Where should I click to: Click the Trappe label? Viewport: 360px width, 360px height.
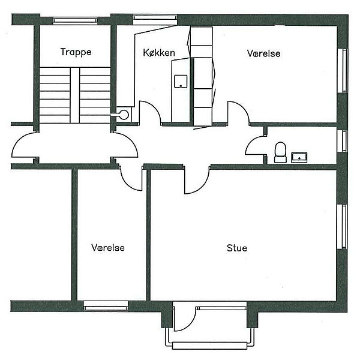(x=76, y=52)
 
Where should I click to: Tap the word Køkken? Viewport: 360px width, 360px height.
(x=159, y=53)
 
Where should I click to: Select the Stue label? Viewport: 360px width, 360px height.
(x=237, y=248)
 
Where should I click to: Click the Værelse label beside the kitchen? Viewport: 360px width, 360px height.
(x=264, y=53)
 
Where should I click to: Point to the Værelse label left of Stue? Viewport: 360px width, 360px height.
(x=108, y=247)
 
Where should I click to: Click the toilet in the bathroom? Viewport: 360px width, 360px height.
(x=280, y=152)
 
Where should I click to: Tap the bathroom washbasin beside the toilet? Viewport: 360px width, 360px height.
(x=299, y=157)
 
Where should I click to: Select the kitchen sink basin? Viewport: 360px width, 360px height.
(x=181, y=81)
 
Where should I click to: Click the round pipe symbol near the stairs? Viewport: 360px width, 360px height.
(x=124, y=115)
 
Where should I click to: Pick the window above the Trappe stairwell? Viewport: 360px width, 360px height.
(x=76, y=20)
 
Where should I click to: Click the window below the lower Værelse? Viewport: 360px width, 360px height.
(x=106, y=306)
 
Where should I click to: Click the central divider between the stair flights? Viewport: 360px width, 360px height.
(x=75, y=95)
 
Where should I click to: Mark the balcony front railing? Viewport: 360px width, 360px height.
(x=209, y=346)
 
